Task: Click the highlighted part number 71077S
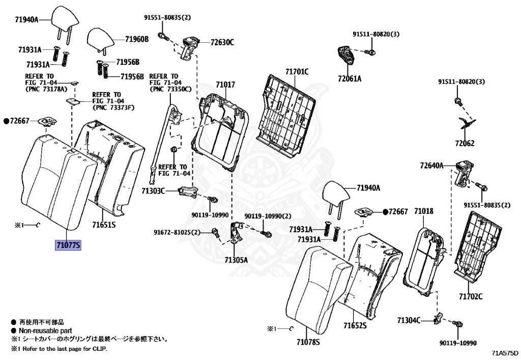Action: (x=68, y=245)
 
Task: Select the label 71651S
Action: (x=104, y=225)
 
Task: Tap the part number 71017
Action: (x=225, y=85)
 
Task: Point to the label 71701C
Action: (x=297, y=72)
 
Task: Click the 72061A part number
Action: (x=349, y=78)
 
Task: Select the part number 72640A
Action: (x=432, y=165)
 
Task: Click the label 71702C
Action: (x=470, y=296)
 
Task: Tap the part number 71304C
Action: (x=409, y=320)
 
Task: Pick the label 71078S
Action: (x=308, y=342)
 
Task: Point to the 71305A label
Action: (x=236, y=260)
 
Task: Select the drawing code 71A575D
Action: (x=505, y=352)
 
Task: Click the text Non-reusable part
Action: (x=45, y=330)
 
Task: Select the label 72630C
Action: (x=222, y=42)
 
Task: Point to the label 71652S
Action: (x=355, y=325)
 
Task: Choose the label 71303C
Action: (x=153, y=191)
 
